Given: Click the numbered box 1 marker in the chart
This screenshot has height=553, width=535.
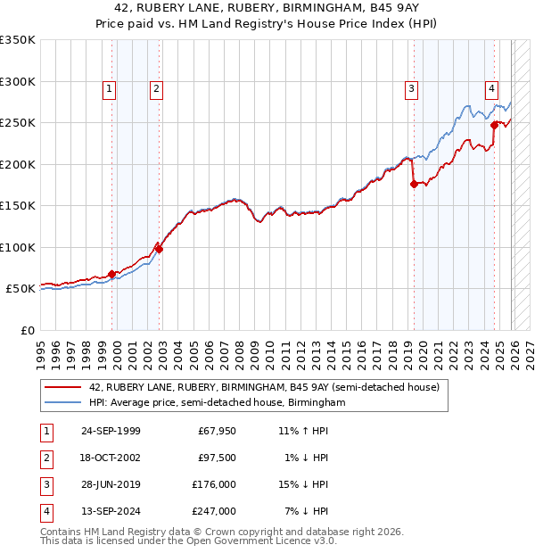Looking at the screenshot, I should pyautogui.click(x=109, y=88).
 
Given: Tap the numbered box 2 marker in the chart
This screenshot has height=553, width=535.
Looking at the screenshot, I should pyautogui.click(x=156, y=88).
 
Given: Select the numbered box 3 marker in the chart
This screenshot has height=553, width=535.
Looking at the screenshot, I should pyautogui.click(x=411, y=88).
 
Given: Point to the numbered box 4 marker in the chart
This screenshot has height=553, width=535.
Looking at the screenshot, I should pyautogui.click(x=491, y=88).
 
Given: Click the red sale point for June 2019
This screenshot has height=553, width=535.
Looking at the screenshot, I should pyautogui.click(x=414, y=185).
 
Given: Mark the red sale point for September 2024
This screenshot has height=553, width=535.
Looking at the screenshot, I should pyautogui.click(x=494, y=126).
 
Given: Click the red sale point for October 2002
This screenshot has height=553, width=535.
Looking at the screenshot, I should pyautogui.click(x=160, y=250).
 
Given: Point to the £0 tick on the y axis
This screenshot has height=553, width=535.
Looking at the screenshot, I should pyautogui.click(x=27, y=331).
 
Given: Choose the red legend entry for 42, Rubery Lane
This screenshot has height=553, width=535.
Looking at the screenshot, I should pyautogui.click(x=264, y=388).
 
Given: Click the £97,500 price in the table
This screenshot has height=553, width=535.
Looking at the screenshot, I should pyautogui.click(x=218, y=458).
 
